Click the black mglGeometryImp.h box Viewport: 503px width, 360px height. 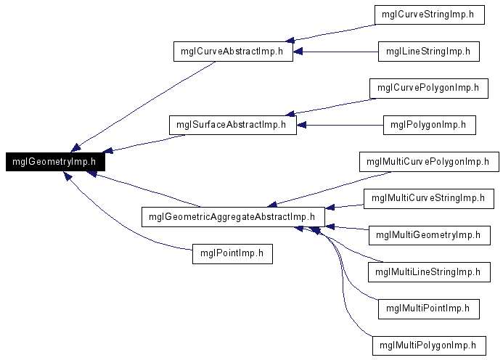click(55, 162)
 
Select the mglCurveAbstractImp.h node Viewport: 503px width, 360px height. click(233, 52)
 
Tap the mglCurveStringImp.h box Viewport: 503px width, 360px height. click(430, 15)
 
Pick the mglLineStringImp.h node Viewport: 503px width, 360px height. click(429, 52)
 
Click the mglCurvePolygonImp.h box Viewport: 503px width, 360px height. click(429, 89)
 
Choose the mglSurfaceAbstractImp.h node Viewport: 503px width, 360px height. click(233, 125)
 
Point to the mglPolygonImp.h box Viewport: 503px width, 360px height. click(430, 125)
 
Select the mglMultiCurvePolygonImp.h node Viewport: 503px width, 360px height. click(429, 162)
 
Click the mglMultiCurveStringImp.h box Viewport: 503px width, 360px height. click(429, 199)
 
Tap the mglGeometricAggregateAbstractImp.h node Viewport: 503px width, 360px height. click(233, 217)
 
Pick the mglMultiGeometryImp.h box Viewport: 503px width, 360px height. click(430, 235)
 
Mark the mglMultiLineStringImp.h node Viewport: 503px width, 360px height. click(429, 272)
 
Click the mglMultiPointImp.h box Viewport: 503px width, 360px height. click(429, 309)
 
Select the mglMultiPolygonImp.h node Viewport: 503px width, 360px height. click(429, 346)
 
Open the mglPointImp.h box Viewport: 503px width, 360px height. click(232, 254)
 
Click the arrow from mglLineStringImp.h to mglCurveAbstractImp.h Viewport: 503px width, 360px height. click(336, 52)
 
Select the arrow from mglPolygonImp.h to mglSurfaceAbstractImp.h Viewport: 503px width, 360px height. click(340, 125)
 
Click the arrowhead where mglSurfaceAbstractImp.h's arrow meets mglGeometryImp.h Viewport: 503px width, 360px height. click(107, 150)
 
